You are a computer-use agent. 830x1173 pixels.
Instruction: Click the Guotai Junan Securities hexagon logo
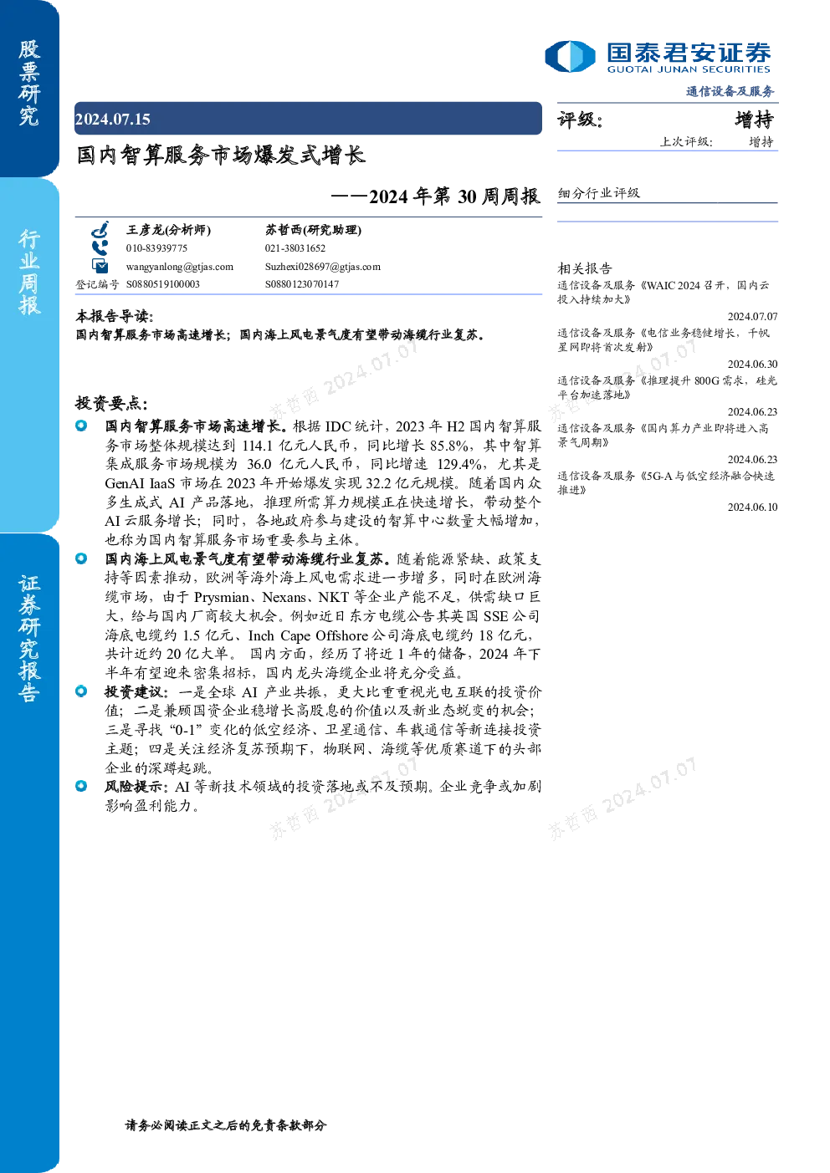(570, 56)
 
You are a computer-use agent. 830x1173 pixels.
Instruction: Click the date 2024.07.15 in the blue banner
(113, 119)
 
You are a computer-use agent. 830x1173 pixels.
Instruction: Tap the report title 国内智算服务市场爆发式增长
(221, 155)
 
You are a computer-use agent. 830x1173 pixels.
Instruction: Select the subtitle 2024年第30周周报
(454, 196)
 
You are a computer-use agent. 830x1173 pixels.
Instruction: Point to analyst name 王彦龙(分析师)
(168, 229)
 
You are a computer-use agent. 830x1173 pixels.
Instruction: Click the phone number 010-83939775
(156, 248)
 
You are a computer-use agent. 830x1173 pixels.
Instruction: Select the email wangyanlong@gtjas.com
(179, 267)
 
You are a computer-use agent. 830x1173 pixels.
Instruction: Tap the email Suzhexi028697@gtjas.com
(322, 267)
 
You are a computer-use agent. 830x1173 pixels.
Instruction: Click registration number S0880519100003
(162, 284)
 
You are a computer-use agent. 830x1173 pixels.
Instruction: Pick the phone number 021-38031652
(295, 248)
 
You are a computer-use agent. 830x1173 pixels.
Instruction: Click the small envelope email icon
(100, 266)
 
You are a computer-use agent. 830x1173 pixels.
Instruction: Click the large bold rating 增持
(754, 120)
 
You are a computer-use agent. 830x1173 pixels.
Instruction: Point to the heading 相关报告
(584, 268)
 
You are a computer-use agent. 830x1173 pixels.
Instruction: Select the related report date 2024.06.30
(752, 364)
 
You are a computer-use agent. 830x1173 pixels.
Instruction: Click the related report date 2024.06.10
(752, 507)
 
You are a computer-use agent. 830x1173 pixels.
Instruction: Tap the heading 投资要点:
(111, 403)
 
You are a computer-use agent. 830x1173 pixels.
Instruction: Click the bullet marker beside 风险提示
(81, 786)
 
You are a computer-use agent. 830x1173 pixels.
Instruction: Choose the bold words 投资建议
(134, 691)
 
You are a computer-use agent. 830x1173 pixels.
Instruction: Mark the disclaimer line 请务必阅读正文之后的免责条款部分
(226, 1125)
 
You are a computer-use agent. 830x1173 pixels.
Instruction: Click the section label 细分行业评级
(598, 193)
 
